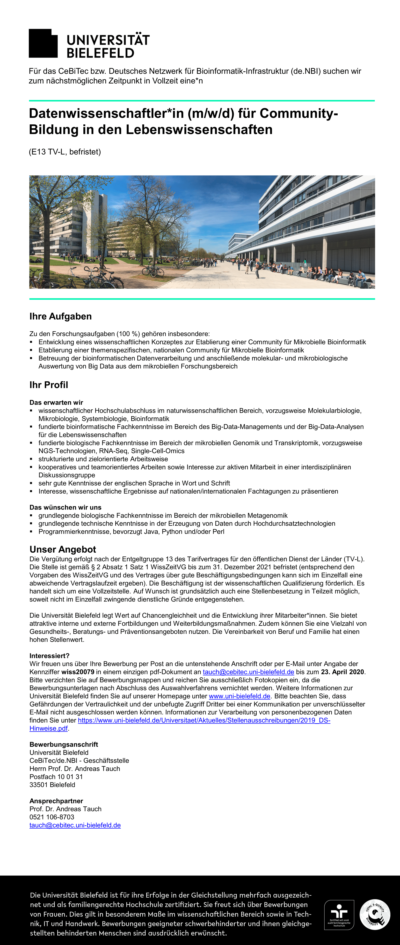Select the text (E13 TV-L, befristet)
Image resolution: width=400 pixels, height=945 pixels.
(x=65, y=152)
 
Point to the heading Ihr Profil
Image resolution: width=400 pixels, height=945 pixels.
(x=49, y=385)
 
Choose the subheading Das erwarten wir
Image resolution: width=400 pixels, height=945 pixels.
(x=56, y=402)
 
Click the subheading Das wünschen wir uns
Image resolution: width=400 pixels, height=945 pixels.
(x=65, y=507)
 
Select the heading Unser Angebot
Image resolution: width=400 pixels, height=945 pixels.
(x=63, y=549)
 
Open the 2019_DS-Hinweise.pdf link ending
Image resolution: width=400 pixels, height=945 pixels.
(x=49, y=728)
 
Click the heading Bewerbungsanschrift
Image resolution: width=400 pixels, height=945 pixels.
(x=64, y=744)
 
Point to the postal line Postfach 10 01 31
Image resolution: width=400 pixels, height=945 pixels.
(x=56, y=777)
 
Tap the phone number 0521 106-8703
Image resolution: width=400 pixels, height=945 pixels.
(x=52, y=817)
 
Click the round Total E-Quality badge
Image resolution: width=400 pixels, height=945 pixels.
(x=375, y=915)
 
